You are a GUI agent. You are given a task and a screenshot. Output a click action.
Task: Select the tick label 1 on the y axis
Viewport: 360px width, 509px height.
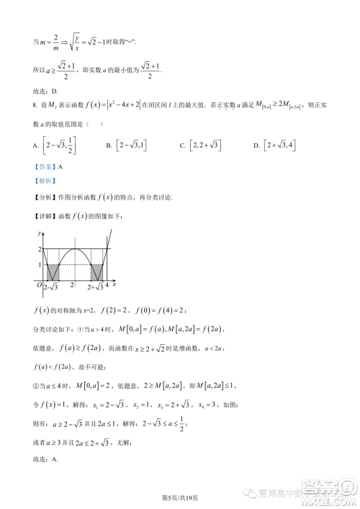tap(39, 264)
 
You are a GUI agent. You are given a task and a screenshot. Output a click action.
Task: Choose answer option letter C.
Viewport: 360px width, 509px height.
tap(182, 146)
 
